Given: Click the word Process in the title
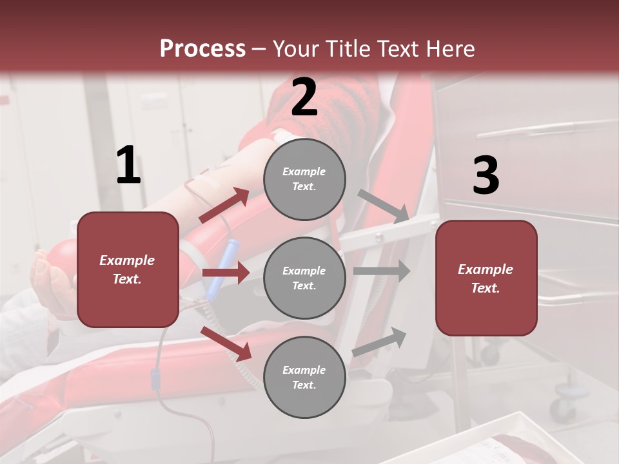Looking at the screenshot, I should click(202, 48).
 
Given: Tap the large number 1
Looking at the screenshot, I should click(128, 166).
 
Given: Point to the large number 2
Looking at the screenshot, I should click(304, 97).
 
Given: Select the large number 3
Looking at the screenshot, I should click(486, 176).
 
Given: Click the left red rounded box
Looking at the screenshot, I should click(128, 269).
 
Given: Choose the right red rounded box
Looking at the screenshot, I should click(486, 278).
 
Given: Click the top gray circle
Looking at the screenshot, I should click(304, 179).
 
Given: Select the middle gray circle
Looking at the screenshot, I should click(304, 278).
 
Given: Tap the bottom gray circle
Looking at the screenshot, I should click(304, 378).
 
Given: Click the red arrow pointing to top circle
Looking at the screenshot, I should click(224, 206).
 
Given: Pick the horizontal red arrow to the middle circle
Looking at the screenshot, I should click(225, 273).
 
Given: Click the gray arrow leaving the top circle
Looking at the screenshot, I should click(384, 206).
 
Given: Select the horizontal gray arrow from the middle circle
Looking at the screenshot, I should click(381, 271).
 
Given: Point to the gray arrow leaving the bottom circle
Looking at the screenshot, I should click(380, 342).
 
